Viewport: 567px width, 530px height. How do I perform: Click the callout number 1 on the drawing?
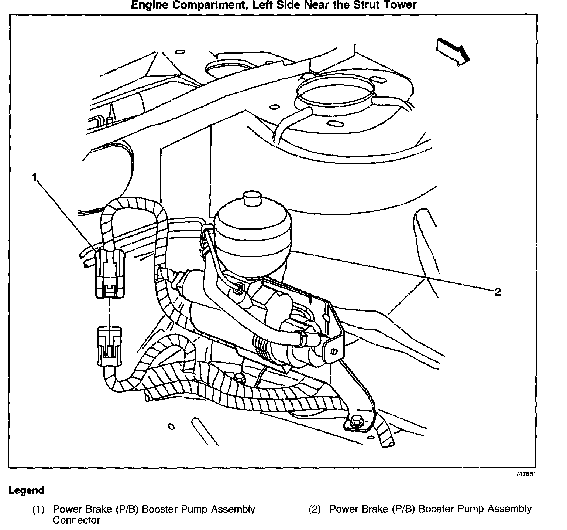coord(34,178)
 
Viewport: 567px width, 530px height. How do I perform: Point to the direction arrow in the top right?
coord(453,51)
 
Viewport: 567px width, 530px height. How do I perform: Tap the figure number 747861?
coord(526,475)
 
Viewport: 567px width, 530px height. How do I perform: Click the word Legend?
coord(26,490)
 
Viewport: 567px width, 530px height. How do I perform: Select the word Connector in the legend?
coord(76,520)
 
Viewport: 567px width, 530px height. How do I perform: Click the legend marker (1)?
coord(38,509)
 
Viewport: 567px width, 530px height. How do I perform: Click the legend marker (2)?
coord(315,509)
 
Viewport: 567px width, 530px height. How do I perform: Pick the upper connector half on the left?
coord(109,268)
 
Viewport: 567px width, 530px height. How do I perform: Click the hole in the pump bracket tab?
coord(334,350)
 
